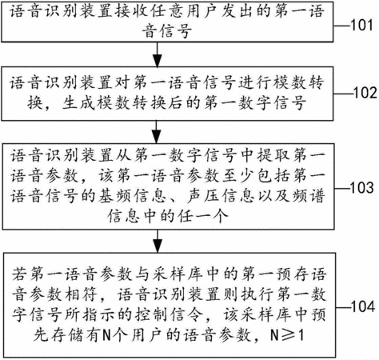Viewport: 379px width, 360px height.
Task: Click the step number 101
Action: (361, 26)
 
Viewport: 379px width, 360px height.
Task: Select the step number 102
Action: (365, 93)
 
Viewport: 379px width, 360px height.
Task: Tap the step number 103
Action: (361, 187)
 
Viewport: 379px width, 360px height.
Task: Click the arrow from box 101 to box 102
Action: (158, 54)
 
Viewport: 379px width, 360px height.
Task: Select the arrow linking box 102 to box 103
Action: (157, 132)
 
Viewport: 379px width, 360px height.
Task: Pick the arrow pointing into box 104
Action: (158, 241)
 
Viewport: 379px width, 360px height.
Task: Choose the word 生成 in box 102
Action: (78, 102)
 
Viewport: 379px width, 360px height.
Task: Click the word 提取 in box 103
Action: (273, 155)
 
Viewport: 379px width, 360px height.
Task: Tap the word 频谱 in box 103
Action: (308, 196)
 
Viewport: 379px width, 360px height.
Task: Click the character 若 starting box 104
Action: (20, 274)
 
